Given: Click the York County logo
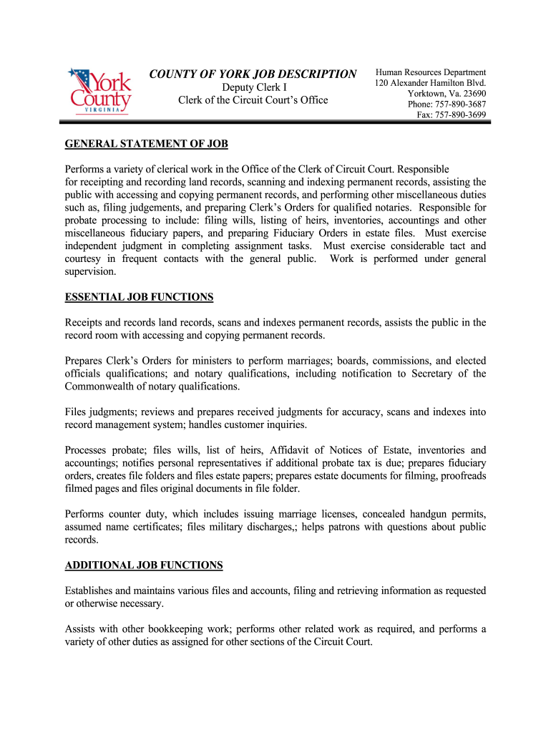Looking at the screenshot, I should [99, 91].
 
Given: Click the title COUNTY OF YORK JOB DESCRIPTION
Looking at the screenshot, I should [253, 74].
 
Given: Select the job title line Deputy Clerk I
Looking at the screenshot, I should [253, 87].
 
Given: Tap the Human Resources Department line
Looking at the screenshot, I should [431, 72].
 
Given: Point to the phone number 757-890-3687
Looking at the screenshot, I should [460, 105].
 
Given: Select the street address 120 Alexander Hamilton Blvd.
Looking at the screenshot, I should [431, 83].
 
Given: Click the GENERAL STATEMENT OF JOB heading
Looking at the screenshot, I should [146, 144].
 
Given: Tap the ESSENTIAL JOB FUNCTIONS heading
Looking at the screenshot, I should [139, 297].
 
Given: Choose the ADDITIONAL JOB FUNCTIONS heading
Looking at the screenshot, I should [144, 565].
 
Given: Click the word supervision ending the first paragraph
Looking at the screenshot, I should [89, 272].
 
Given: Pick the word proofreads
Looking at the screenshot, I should [461, 476].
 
